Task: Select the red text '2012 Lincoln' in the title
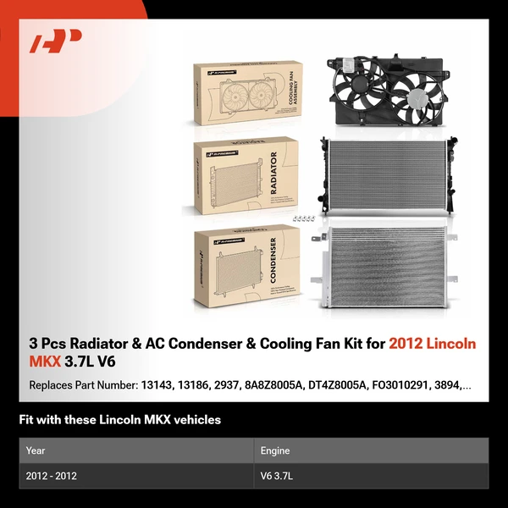click(433, 344)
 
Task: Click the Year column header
click(36, 450)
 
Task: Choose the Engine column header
click(276, 450)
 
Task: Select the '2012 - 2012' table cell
click(51, 476)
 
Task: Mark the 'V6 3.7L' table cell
click(280, 476)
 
